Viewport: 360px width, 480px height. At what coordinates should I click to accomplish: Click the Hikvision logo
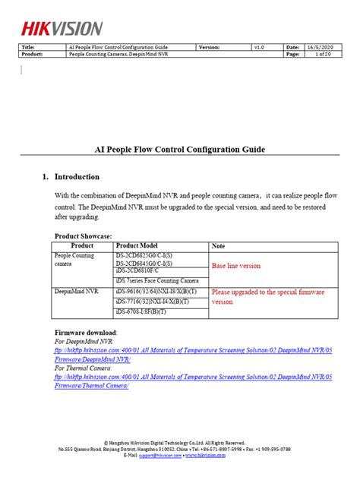[x=62, y=27]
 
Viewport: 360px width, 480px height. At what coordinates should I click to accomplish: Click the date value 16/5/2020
[x=321, y=47]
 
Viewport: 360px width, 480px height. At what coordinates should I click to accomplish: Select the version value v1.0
[x=259, y=47]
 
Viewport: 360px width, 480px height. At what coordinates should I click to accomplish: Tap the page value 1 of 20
[x=320, y=55]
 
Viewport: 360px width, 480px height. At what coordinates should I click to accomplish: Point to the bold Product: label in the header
[x=34, y=55]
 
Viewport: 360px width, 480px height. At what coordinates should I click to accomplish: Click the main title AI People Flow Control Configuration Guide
[x=179, y=150]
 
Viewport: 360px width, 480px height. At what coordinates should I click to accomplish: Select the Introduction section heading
[x=77, y=177]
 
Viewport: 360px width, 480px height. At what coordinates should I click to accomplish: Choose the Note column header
[x=219, y=246]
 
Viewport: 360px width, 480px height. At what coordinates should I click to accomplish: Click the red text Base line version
[x=236, y=267]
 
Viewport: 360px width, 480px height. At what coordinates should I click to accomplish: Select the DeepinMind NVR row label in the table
[x=77, y=291]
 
